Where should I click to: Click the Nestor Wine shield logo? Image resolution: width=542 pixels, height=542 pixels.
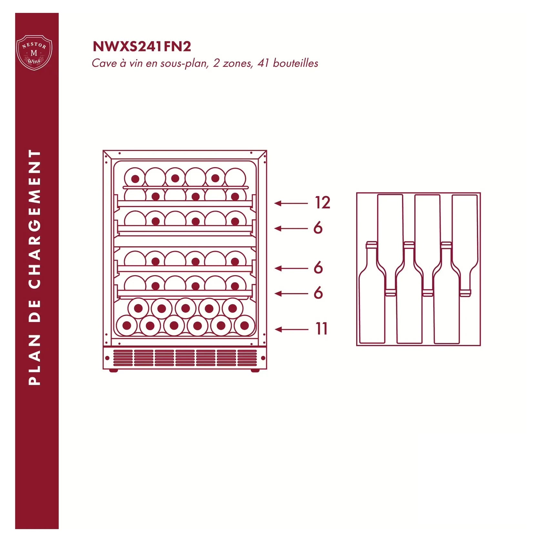click(x=34, y=53)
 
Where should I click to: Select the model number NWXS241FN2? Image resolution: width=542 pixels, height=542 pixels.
click(x=142, y=46)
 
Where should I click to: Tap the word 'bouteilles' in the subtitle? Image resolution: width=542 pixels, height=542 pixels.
click(x=296, y=63)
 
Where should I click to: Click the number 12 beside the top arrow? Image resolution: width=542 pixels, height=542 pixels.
click(x=322, y=203)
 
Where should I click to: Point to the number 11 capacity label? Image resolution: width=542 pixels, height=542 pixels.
click(x=321, y=329)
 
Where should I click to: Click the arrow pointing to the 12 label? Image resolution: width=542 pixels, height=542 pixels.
click(x=291, y=203)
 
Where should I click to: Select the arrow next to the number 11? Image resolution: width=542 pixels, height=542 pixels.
click(x=291, y=329)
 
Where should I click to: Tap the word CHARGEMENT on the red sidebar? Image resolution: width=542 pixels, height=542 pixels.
click(x=35, y=219)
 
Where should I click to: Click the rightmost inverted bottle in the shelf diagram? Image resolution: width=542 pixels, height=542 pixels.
click(x=465, y=245)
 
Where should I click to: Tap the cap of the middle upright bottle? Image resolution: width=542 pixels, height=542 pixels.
click(x=409, y=245)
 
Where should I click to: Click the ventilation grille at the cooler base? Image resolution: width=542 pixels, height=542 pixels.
click(x=185, y=358)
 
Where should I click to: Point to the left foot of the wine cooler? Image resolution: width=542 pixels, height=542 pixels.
click(x=114, y=370)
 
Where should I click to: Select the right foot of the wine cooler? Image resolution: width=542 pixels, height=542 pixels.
click(x=255, y=370)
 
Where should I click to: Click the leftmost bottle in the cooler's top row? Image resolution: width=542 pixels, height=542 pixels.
click(x=135, y=178)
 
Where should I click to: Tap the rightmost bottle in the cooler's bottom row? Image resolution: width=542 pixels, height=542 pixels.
click(x=245, y=326)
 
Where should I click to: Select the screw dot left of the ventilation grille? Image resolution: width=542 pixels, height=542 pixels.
click(x=107, y=358)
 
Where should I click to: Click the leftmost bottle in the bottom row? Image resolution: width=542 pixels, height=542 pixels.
click(x=127, y=326)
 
